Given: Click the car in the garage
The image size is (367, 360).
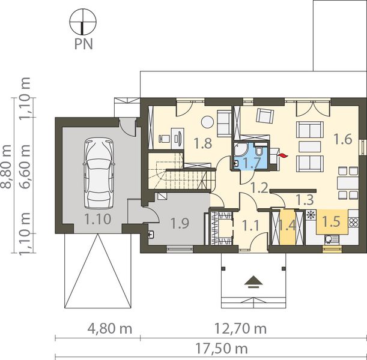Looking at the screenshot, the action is pos(99,173).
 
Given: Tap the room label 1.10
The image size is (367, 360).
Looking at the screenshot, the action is pos(97,219).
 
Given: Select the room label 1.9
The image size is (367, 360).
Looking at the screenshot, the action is pos(180,223).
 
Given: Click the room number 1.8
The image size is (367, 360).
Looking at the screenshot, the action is pos(203,143).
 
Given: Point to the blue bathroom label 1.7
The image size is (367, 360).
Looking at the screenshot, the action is pos(252,163).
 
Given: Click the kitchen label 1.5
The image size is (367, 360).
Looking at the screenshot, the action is pos(331,221).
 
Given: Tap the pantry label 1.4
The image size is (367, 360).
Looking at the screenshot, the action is pos(288,226).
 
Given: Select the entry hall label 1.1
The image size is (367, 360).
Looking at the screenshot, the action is pos(250,226).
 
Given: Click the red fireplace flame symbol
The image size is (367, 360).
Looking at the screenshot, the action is pos(282,155).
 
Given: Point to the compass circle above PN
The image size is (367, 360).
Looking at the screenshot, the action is pos(83,22).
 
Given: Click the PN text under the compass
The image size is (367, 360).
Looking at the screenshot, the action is pos(83,44).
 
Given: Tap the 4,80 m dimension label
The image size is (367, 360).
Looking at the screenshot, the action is pos(110,329).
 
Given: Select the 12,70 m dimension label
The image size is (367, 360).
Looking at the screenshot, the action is pos(241,328).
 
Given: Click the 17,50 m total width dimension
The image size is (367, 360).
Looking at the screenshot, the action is pos(222,349).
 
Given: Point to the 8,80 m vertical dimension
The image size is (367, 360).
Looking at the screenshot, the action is pos(5,166).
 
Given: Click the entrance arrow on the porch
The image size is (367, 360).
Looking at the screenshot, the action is pos(253,281).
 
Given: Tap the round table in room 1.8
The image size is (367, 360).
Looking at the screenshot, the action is pos(207,122).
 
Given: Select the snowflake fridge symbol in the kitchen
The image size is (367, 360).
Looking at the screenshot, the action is pos(311,214).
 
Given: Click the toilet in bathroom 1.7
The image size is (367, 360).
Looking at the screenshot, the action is pos(259,151).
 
